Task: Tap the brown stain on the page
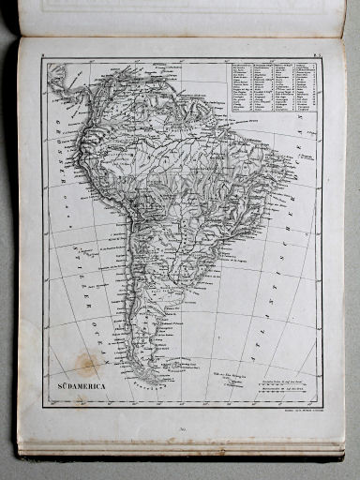pos(89,364)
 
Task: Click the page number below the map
pos(181,428)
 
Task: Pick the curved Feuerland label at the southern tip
pos(156,381)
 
